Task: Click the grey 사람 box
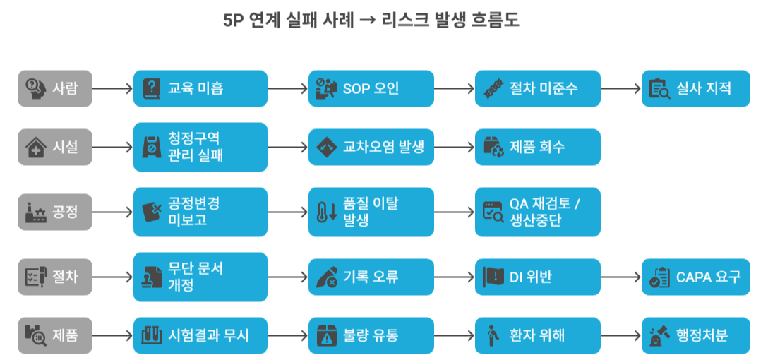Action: click(55, 88)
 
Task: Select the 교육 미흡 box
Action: click(200, 88)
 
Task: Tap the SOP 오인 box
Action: click(371, 88)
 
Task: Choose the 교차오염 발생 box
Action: click(371, 148)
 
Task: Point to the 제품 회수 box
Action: click(537, 148)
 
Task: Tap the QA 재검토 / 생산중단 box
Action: click(537, 212)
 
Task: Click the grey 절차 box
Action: click(55, 277)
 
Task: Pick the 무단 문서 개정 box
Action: click(200, 277)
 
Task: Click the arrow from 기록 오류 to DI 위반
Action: click(455, 277)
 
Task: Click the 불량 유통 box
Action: click(371, 335)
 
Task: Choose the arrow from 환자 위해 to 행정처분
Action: click(621, 335)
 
